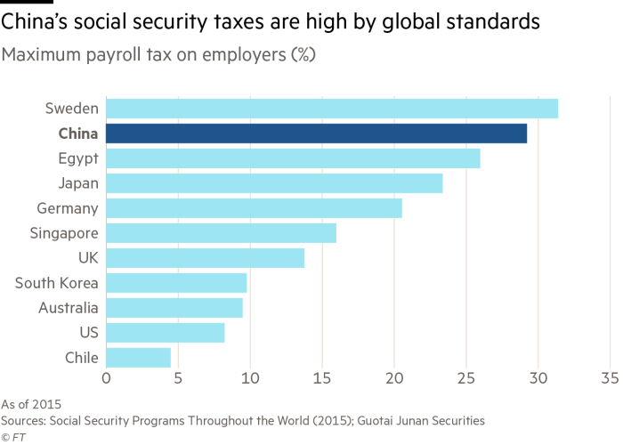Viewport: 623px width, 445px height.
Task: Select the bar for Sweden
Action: (x=332, y=109)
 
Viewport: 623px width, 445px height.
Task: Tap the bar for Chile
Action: (x=139, y=358)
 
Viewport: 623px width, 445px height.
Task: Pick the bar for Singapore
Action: (x=221, y=233)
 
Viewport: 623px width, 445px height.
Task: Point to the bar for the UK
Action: (x=206, y=258)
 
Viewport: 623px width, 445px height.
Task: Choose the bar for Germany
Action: (x=254, y=208)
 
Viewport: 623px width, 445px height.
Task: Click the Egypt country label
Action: (x=77, y=158)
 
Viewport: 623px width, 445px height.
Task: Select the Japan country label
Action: (x=77, y=183)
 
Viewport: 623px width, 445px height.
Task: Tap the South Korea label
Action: (x=56, y=283)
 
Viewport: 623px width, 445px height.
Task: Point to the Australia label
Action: (x=66, y=308)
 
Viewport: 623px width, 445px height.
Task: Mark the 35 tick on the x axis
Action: (x=611, y=378)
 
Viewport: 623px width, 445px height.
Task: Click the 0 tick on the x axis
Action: (x=106, y=378)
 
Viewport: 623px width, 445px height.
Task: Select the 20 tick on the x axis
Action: (x=394, y=378)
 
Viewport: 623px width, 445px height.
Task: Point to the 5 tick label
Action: (x=178, y=378)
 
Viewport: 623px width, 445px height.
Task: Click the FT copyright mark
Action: (x=12, y=437)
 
